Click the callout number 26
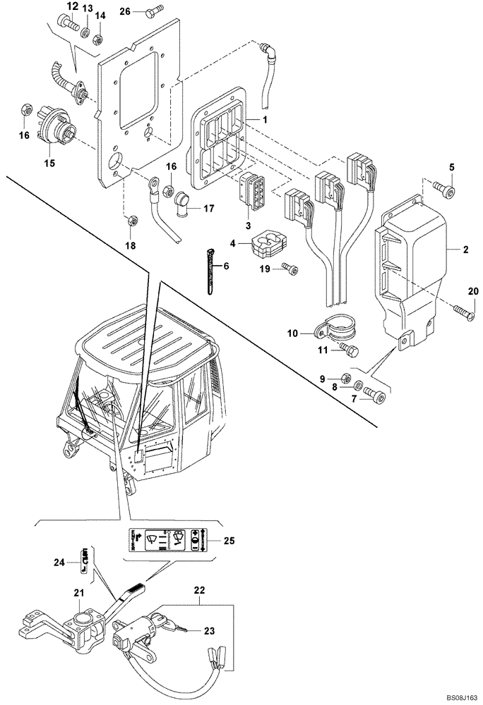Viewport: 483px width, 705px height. click(125, 11)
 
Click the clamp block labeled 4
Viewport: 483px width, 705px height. click(267, 247)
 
